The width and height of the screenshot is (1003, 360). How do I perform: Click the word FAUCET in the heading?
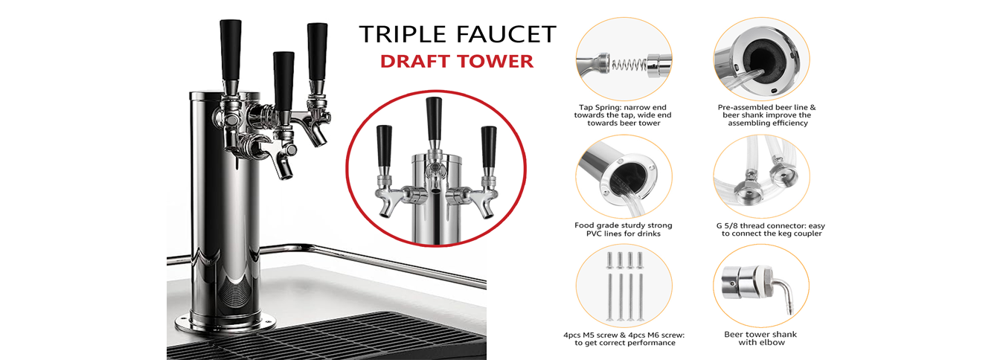click(x=506, y=34)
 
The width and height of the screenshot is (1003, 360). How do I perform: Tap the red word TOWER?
click(x=493, y=61)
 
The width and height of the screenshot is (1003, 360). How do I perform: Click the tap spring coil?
click(x=629, y=65)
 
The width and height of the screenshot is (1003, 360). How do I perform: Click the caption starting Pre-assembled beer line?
click(x=767, y=115)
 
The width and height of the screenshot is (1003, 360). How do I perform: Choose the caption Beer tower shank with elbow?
click(x=760, y=338)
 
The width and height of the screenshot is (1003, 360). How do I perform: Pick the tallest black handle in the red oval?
click(x=434, y=119)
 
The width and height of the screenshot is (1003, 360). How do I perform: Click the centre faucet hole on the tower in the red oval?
click(x=435, y=191)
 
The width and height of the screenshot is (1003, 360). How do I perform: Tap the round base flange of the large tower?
click(x=225, y=324)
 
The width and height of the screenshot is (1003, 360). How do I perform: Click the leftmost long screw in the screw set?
click(x=610, y=298)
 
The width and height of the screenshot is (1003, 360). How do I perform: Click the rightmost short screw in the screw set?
click(x=641, y=260)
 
